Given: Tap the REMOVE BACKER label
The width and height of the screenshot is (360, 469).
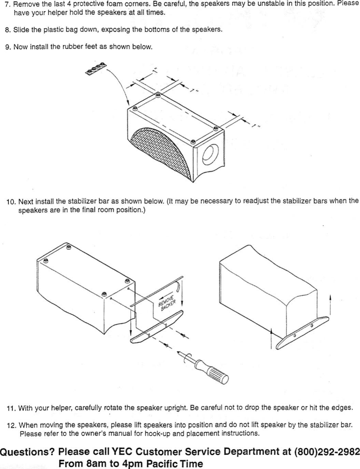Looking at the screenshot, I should point(167,301).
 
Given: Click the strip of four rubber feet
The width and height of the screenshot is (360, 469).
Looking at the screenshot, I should point(96,68).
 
